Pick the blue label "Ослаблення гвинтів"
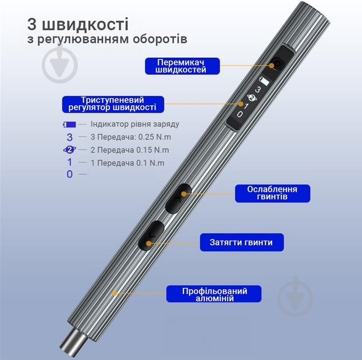(271, 193)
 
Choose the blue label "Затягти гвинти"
(244, 242)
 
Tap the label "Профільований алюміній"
(214, 294)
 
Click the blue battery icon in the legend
(69, 124)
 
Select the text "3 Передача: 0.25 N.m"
(131, 137)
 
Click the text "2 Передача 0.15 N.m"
(129, 150)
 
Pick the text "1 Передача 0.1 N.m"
(127, 163)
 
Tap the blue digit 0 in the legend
(70, 174)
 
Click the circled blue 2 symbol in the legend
(69, 150)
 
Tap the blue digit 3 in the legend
(70, 137)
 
